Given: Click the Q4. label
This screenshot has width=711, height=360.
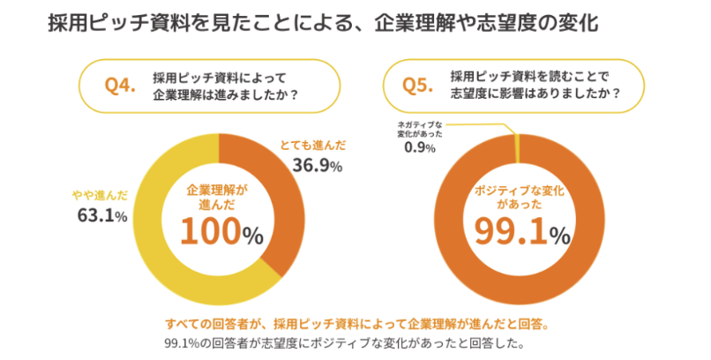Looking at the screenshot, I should [120, 85].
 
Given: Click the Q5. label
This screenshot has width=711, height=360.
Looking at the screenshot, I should [418, 85].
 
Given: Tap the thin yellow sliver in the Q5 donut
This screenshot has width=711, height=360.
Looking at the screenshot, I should [516, 144].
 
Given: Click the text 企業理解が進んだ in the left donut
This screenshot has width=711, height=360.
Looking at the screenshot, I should [218, 195].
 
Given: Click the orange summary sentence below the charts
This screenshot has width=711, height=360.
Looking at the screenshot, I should [357, 322].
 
